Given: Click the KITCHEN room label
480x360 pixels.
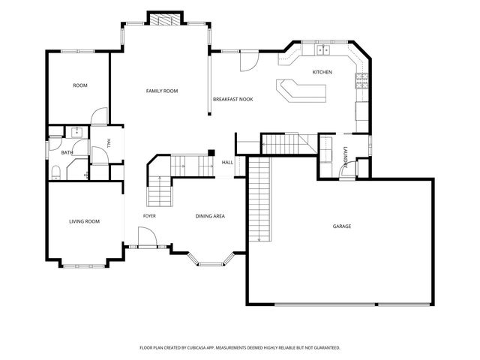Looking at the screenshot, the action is (322, 72).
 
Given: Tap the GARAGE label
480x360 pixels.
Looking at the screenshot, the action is (342, 226).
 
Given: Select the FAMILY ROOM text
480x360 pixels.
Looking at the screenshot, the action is (162, 91).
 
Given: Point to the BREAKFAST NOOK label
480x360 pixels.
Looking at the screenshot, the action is (233, 99).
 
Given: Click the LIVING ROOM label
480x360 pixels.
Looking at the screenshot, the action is (84, 221).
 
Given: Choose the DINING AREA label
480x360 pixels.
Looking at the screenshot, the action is (210, 216).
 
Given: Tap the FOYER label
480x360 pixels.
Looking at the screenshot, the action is (149, 216).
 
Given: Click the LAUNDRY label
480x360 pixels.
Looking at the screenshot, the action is (345, 157).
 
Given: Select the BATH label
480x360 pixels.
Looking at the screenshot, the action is (67, 152).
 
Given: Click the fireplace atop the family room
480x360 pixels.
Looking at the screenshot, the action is (165, 19).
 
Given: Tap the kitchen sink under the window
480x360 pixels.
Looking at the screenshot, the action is (323, 49).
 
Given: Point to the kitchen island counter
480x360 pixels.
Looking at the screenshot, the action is (301, 91).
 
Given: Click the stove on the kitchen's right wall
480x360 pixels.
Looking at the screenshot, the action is (361, 81).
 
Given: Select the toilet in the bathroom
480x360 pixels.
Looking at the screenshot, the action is (56, 172).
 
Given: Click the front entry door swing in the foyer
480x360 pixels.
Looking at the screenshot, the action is (148, 236).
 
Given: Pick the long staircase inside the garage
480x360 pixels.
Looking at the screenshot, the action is (259, 199).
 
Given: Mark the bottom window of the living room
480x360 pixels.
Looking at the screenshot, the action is (84, 266).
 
